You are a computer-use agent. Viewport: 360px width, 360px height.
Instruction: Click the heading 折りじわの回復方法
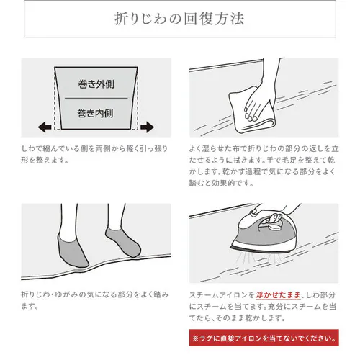(179, 19)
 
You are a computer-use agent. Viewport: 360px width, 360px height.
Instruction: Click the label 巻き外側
(96, 84)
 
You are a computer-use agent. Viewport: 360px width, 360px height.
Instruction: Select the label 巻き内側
(95, 113)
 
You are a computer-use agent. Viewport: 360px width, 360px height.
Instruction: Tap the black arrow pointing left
(45, 127)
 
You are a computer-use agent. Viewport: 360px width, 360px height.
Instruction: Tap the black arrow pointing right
(147, 127)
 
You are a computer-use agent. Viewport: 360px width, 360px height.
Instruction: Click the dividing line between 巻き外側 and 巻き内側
(96, 98)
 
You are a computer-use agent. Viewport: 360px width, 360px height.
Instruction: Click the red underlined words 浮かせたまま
(278, 294)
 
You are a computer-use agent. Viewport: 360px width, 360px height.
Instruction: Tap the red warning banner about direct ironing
(264, 338)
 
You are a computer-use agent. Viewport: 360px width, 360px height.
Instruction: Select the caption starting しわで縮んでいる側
(94, 154)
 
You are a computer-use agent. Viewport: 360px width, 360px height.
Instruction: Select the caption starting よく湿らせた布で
(264, 166)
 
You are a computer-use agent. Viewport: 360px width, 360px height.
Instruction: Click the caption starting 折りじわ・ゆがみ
(95, 300)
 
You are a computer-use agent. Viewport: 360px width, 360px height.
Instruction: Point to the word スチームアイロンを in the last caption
(222, 294)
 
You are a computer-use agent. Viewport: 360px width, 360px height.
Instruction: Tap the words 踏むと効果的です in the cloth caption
(221, 184)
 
